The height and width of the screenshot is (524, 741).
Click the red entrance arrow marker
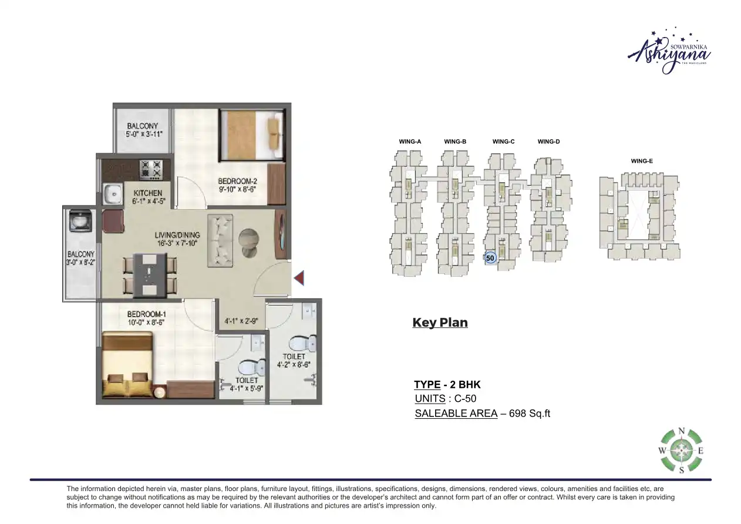299,278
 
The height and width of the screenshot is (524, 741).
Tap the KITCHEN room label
147,193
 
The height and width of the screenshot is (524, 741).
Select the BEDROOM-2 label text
237,182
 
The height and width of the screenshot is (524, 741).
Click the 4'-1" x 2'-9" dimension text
241,321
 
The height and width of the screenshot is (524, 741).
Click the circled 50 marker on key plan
491,257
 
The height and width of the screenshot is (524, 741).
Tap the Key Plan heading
440,323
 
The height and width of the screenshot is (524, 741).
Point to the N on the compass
681,431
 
